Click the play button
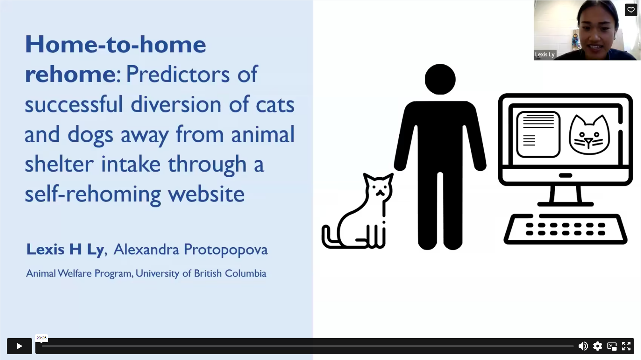click(19, 346)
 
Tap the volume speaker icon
click(583, 346)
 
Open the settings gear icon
click(597, 346)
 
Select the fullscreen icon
click(626, 346)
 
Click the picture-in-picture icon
click(612, 346)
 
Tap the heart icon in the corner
click(631, 10)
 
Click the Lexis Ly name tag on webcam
click(545, 54)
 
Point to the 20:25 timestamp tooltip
click(41, 338)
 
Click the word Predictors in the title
click(178, 74)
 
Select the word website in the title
click(206, 194)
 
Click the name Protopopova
click(225, 250)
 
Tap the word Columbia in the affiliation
click(245, 273)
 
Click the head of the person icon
click(440, 79)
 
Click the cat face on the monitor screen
click(589, 134)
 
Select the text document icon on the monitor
click(538, 134)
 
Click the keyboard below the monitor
click(565, 229)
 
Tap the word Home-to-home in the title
click(115, 44)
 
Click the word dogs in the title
click(90, 134)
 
